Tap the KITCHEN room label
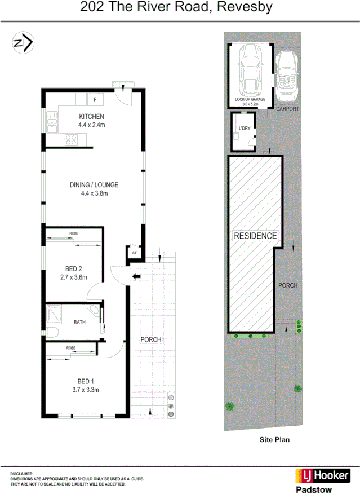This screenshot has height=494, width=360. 91,116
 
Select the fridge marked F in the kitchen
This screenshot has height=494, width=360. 95,100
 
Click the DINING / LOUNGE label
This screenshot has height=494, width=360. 94,185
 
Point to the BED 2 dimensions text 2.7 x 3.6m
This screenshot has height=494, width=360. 73,277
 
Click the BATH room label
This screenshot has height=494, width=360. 80,323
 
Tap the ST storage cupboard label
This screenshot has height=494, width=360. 134,253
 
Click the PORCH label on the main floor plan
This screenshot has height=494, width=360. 151,339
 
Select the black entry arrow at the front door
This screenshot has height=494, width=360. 136,276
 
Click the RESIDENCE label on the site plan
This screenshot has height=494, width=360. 255,236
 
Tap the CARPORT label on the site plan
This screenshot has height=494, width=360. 287,109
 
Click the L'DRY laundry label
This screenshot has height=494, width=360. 245,129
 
